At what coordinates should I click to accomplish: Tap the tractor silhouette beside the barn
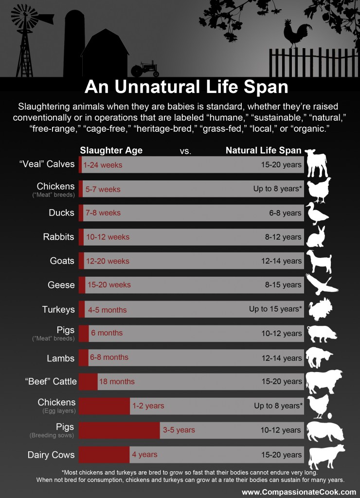click(x=144, y=69)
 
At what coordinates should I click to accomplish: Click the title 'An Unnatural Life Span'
click(x=186, y=87)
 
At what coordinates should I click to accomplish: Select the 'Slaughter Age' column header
click(x=111, y=150)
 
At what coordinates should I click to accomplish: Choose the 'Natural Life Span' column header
click(x=263, y=150)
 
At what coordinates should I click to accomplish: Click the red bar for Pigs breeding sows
click(x=119, y=430)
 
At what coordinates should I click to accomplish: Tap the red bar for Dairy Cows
click(x=104, y=455)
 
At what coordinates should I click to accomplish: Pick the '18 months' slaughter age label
click(x=117, y=382)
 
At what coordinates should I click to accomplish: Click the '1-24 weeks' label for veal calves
click(x=103, y=165)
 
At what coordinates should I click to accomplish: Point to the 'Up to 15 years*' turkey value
click(x=275, y=309)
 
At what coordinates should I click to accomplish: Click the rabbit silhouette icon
click(x=318, y=236)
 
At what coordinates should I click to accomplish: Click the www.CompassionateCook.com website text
click(x=299, y=492)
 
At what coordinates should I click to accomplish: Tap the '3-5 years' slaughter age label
click(x=179, y=430)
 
